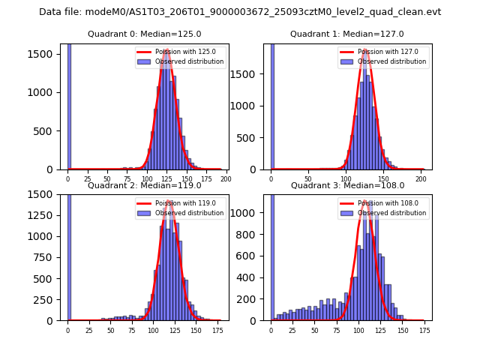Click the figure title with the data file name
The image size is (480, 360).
[240, 12]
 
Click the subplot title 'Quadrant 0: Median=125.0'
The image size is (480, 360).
[144, 34]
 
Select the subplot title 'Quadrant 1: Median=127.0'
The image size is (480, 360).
[347, 34]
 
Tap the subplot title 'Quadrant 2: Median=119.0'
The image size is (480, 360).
[144, 185]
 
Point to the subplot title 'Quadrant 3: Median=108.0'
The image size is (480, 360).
[347, 185]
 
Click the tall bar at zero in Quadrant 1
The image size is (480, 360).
[272, 105]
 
